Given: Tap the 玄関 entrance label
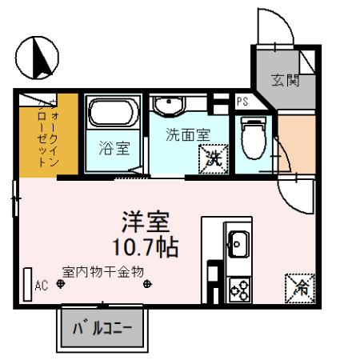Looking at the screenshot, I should (284, 81).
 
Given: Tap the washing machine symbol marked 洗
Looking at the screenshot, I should (213, 157).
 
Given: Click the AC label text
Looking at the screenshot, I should (42, 284).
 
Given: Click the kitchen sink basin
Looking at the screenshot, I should (239, 240).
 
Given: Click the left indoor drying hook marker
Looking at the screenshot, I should (61, 283).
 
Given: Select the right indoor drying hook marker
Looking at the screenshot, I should (146, 283).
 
